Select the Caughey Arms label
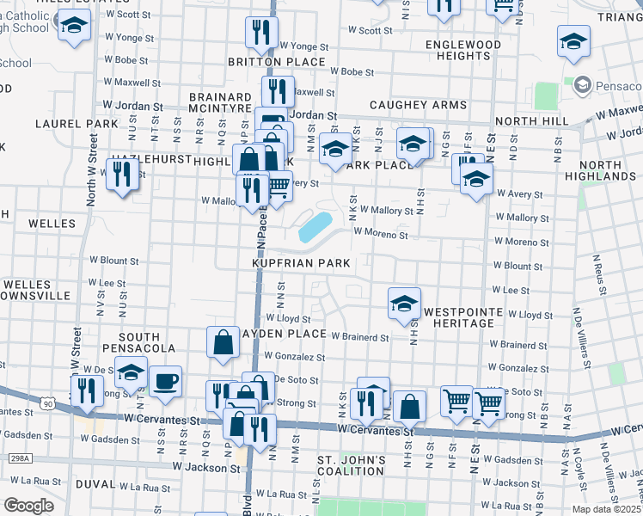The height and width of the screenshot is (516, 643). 418,105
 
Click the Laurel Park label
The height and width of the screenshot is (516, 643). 77,124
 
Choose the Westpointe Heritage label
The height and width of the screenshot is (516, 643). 458,316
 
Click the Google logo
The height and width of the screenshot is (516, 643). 28,506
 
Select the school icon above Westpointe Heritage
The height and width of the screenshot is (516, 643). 404,303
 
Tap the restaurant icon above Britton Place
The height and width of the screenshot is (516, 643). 260,32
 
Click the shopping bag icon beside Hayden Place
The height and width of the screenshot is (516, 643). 224,341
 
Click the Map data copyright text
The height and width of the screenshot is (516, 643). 606,509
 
